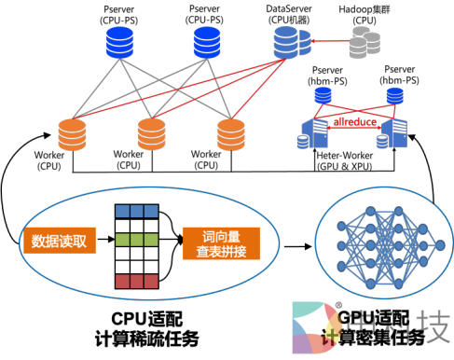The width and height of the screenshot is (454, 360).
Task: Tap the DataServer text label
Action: point(288,8)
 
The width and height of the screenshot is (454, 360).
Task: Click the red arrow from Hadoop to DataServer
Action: point(327,40)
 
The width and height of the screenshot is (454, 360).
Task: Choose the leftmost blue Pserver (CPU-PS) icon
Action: point(119,42)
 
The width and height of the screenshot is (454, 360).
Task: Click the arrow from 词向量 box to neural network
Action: point(296,248)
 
